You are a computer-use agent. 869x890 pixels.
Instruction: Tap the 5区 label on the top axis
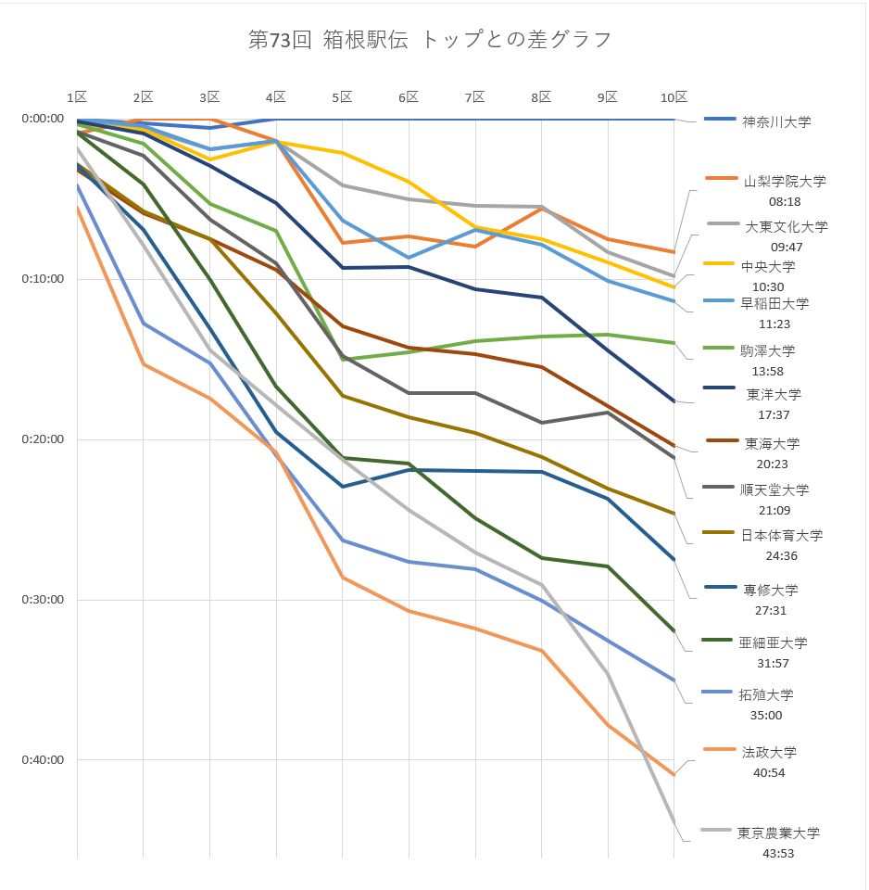tap(342, 97)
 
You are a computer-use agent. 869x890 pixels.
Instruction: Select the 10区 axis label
tap(674, 97)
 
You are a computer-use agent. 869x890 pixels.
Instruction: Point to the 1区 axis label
tap(77, 97)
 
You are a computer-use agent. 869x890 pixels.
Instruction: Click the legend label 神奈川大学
tap(775, 121)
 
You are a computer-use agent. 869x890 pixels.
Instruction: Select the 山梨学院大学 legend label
tap(785, 182)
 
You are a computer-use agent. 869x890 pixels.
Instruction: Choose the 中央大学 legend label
tap(768, 267)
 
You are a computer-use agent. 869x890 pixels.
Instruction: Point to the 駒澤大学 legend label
tap(768, 351)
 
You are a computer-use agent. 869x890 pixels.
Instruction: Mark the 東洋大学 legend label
tap(774, 394)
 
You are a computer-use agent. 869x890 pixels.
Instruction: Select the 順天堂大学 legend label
tap(775, 490)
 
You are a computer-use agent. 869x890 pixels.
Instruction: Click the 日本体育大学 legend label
tap(781, 535)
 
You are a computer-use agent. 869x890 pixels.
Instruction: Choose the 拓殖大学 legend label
tap(766, 694)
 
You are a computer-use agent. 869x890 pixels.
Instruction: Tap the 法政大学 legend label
tap(769, 752)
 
